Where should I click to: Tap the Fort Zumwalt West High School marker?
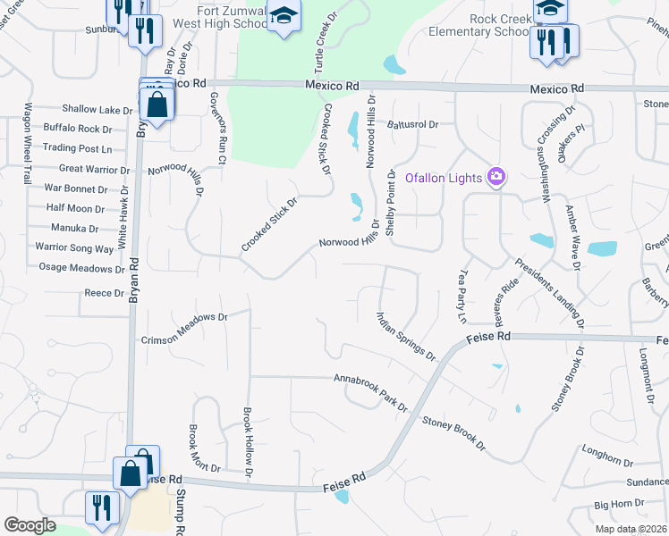point(284,17)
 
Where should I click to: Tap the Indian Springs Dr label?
point(406,336)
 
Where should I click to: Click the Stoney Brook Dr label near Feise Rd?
point(454,433)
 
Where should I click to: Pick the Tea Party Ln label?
point(462,296)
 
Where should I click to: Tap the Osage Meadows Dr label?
point(81,268)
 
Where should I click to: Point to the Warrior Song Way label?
point(74,247)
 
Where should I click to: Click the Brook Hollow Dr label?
point(248,441)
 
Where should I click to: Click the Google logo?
point(30,525)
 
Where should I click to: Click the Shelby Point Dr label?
point(390,202)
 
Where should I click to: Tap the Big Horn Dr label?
point(613,505)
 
